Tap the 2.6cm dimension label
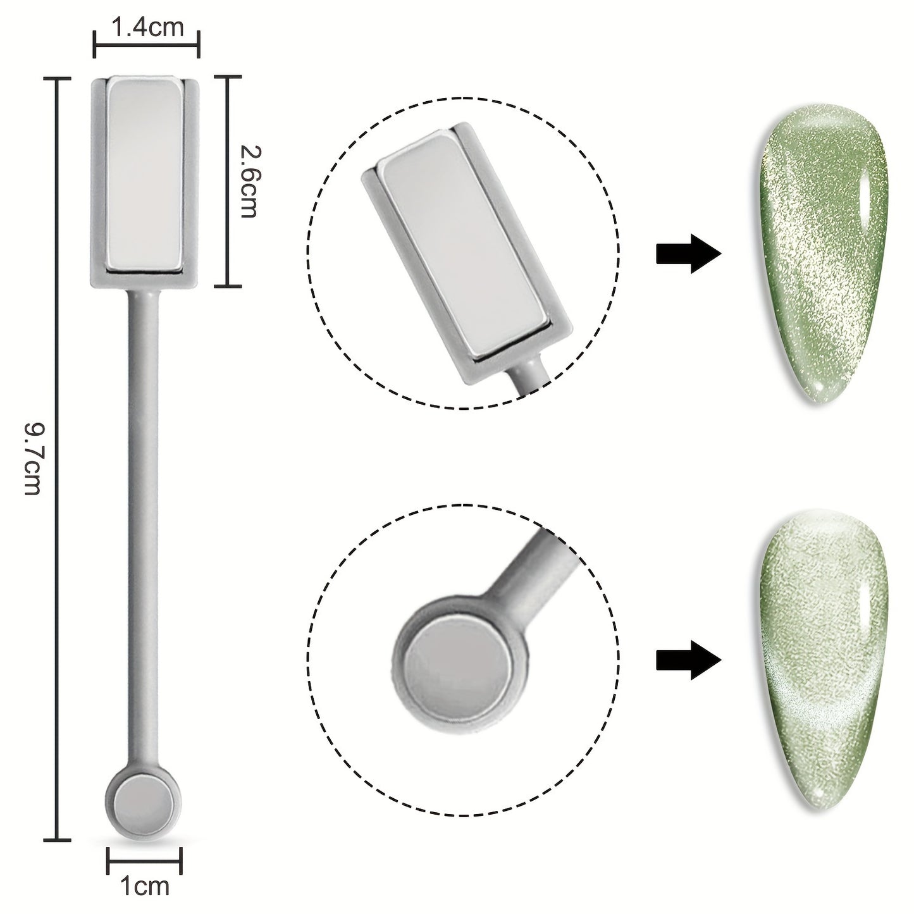pos(248,181)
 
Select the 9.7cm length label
pos(34,459)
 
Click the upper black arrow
pos(689,254)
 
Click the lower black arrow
pos(689,660)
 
